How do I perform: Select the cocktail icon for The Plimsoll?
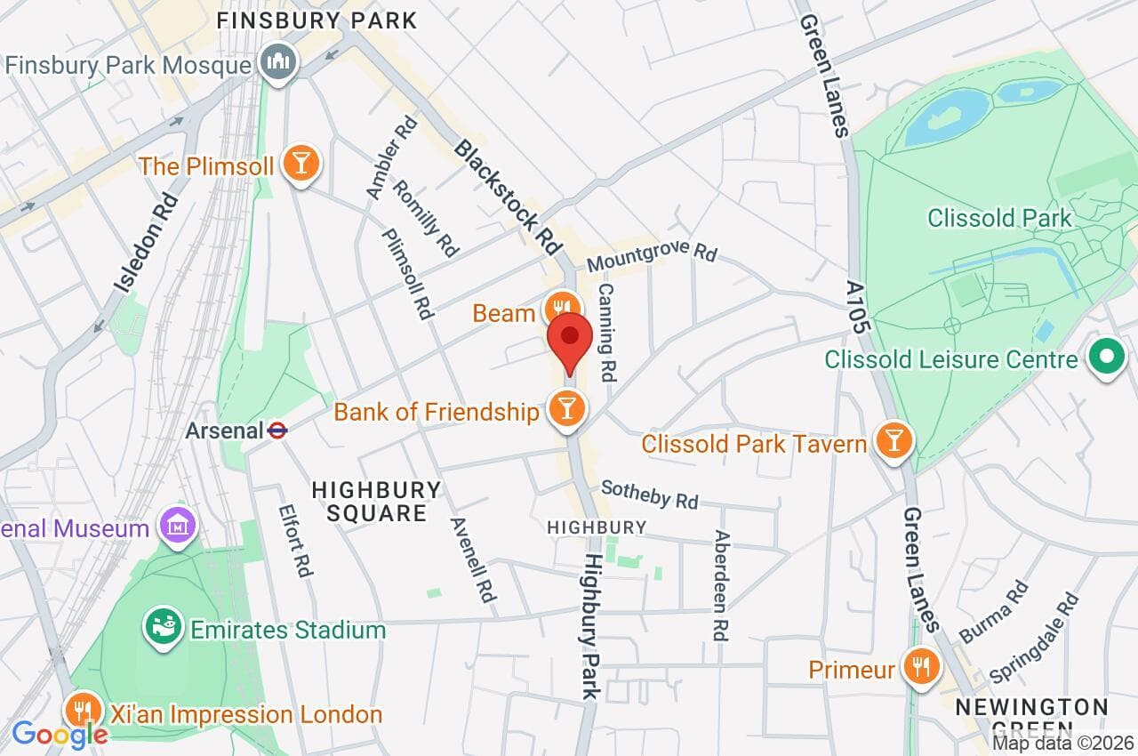[x=301, y=165]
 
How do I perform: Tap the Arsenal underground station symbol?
[x=277, y=431]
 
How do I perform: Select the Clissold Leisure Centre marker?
[x=1108, y=359]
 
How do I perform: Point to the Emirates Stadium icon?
[x=164, y=629]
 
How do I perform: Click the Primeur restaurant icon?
[x=921, y=668]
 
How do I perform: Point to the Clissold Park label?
[x=999, y=218]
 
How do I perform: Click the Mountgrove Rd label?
[x=651, y=257]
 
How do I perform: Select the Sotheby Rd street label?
[x=649, y=495]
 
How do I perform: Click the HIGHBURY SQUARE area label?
[x=377, y=501]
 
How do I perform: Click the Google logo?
[x=59, y=735]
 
